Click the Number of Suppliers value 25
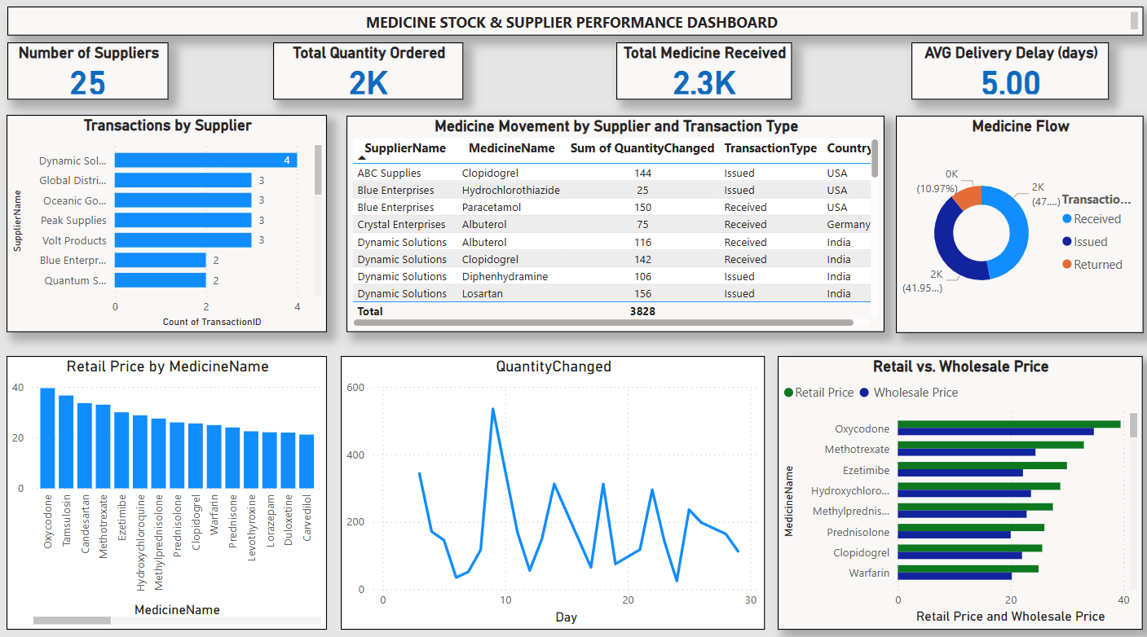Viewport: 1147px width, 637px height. [x=87, y=83]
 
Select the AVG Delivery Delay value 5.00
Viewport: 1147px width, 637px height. [x=1010, y=83]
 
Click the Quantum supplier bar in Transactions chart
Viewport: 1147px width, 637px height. [x=160, y=280]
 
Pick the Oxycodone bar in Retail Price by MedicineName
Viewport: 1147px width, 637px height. [x=48, y=438]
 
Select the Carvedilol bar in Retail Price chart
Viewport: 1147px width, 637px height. [x=307, y=461]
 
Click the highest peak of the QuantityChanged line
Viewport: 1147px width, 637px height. [x=492, y=409]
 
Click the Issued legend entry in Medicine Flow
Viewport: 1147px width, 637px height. [x=1090, y=242]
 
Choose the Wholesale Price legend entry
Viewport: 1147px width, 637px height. [x=915, y=393]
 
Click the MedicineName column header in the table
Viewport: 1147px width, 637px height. [x=511, y=148]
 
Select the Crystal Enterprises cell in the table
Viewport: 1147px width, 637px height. [x=401, y=225]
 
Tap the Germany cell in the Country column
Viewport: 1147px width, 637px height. [x=848, y=225]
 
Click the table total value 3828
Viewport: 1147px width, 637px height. [x=642, y=311]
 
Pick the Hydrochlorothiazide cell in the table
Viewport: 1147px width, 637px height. [x=510, y=190]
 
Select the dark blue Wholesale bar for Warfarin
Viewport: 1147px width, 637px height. [x=955, y=576]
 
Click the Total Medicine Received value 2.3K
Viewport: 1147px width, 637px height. [x=704, y=83]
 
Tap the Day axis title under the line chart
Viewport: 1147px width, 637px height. [x=566, y=617]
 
